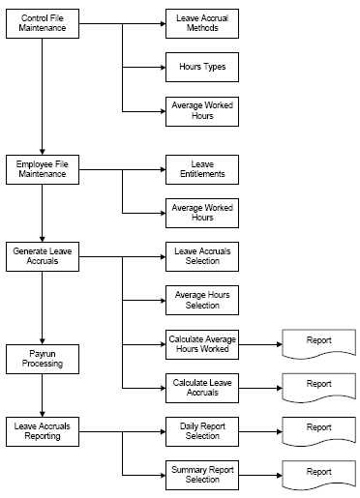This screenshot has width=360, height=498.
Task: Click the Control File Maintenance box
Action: coord(42,24)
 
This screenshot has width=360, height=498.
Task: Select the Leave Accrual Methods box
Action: coord(202,24)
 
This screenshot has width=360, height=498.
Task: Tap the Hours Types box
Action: coord(202,68)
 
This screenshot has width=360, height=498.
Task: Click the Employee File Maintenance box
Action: coord(42,171)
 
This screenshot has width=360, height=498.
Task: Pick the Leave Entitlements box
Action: coord(202,171)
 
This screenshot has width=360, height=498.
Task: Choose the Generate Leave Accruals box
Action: coord(42,256)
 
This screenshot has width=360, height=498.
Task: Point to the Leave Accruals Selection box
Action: coord(202,256)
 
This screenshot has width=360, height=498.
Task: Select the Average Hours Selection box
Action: coord(202,300)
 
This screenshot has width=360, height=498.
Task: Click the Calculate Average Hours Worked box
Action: coord(202,344)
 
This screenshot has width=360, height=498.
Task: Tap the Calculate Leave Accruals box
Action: coord(202,387)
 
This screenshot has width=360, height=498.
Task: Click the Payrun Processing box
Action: coord(42,359)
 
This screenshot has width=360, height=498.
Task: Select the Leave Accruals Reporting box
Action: coord(42,429)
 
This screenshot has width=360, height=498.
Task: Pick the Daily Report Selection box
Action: coord(202,429)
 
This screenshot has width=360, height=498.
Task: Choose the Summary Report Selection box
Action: coord(202,473)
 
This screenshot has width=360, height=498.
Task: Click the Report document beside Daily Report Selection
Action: coord(318,427)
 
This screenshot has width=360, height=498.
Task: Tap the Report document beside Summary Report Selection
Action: coord(318,471)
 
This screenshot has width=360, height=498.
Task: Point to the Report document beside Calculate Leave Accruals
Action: coord(318,385)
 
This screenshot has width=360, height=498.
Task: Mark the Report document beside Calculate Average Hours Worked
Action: coord(318,342)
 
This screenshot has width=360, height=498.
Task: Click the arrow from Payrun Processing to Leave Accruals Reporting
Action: coord(42,395)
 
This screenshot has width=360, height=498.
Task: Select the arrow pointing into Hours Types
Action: coord(145,68)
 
